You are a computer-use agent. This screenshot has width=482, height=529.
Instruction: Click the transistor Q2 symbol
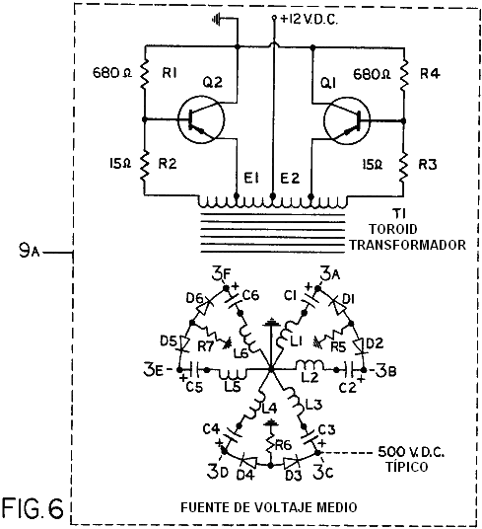201,119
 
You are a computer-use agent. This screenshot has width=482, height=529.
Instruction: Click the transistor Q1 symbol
347,120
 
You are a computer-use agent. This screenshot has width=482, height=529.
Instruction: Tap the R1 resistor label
171,73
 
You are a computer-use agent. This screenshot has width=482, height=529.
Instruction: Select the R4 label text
430,74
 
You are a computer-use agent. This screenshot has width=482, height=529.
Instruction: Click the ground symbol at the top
217,19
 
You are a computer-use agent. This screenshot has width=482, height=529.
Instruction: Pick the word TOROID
392,229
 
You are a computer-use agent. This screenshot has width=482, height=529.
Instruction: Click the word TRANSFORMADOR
407,245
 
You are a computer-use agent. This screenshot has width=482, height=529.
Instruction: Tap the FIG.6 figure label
33,508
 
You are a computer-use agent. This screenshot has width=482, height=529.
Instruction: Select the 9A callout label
29,251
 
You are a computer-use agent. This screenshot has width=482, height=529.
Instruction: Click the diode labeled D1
339,305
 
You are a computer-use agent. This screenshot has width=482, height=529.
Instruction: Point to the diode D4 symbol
248,461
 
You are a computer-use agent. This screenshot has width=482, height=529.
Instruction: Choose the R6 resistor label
283,445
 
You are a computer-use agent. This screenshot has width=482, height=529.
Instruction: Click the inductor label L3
313,405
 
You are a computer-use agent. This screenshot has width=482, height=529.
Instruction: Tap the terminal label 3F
221,274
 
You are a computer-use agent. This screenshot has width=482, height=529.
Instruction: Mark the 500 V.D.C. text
411,451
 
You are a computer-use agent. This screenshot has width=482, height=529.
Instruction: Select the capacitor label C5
194,387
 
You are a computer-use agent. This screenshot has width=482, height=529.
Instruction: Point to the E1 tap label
251,178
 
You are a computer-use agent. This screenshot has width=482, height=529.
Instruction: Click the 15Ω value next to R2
120,164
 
